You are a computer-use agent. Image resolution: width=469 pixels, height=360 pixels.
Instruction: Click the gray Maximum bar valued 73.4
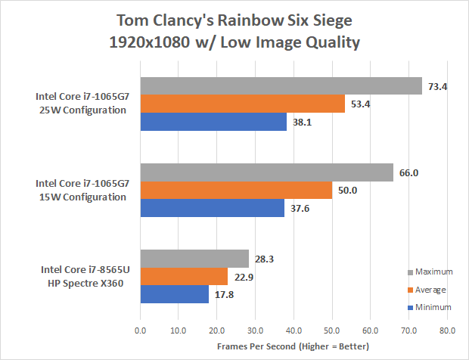click(280, 86)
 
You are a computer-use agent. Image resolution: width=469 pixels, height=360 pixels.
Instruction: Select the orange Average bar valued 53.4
click(242, 104)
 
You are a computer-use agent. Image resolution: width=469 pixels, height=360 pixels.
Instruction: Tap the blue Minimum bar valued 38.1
click(213, 122)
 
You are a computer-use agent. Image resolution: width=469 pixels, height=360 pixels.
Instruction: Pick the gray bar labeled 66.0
click(266, 172)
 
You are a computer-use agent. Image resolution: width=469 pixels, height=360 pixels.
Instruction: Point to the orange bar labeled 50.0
click(235, 191)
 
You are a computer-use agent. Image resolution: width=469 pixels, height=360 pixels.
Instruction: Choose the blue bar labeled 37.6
click(212, 208)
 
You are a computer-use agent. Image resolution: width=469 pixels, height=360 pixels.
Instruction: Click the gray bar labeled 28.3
click(194, 259)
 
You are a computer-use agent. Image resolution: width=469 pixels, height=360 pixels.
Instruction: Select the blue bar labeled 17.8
click(173, 294)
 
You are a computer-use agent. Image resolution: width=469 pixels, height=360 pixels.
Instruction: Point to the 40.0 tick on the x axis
click(293, 331)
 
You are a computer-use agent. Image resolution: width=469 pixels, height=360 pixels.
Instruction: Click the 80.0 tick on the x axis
click(446, 331)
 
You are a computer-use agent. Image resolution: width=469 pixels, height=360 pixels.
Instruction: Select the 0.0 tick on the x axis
click(140, 331)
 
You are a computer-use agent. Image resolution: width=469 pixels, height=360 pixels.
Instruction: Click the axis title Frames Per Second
click(293, 346)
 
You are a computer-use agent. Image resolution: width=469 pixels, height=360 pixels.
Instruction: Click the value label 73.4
click(438, 86)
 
